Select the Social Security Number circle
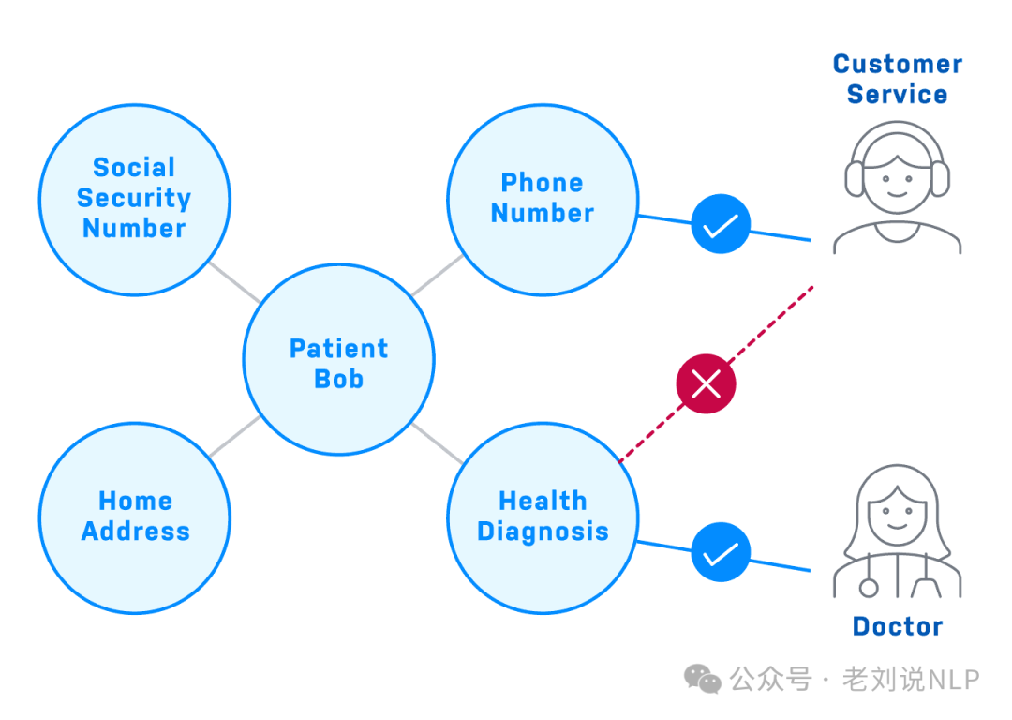(134, 199)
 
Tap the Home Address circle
(134, 517)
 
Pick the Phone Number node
(542, 198)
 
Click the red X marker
(706, 383)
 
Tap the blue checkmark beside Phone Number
(721, 224)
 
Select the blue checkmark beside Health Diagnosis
(721, 552)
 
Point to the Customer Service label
(897, 79)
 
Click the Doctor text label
(897, 626)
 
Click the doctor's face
(897, 516)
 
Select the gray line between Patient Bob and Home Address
(234, 437)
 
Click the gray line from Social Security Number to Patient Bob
(234, 281)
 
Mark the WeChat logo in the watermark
(703, 678)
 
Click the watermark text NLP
(953, 679)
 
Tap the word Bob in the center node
(338, 379)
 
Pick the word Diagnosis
(543, 532)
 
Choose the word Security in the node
(134, 198)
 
